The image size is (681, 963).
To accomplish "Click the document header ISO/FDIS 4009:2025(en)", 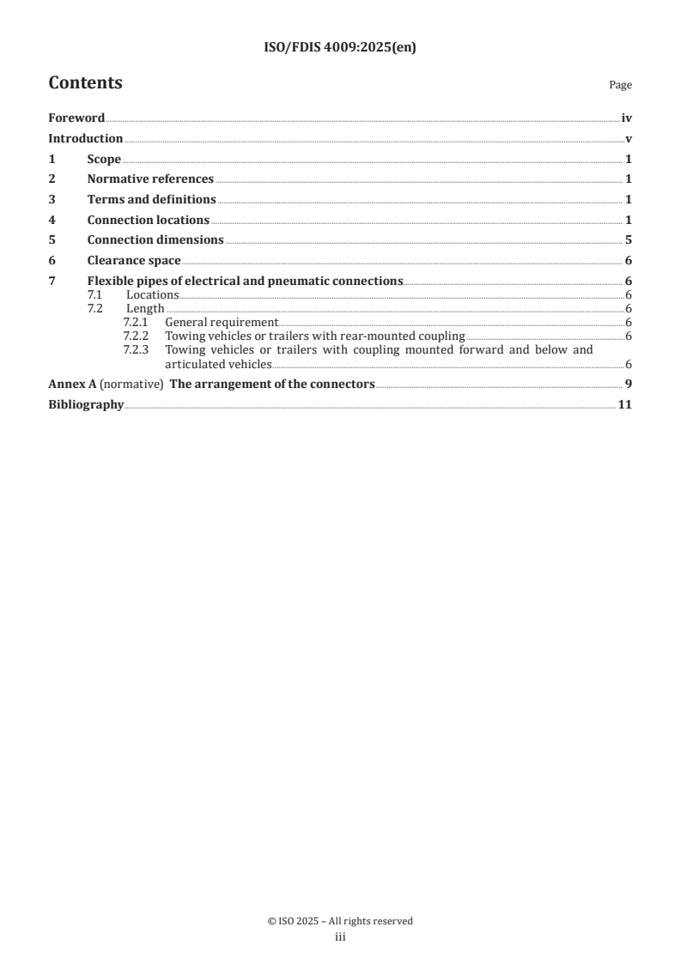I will (340, 48).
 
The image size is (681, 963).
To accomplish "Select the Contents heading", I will (85, 83).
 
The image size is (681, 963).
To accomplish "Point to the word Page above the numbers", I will (620, 85).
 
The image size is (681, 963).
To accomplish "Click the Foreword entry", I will (76, 118).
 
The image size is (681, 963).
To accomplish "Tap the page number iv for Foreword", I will (626, 118).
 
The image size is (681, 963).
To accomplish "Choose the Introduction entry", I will (85, 138).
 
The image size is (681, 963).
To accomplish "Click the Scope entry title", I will (104, 159).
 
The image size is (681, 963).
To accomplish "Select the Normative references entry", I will (150, 179).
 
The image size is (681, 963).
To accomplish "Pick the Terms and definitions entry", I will (151, 199).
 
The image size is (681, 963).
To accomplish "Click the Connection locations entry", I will (148, 220).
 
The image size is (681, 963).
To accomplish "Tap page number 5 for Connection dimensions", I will (629, 239).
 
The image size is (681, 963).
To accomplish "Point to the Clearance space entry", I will (134, 260).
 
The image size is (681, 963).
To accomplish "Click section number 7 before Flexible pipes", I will (52, 281).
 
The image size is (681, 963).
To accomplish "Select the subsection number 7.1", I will (94, 294).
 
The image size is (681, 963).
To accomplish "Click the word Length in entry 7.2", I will (145, 308).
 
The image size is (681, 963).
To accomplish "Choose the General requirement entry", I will (222, 322).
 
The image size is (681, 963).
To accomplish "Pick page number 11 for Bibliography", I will (625, 404).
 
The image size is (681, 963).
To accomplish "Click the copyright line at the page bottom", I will (340, 921).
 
